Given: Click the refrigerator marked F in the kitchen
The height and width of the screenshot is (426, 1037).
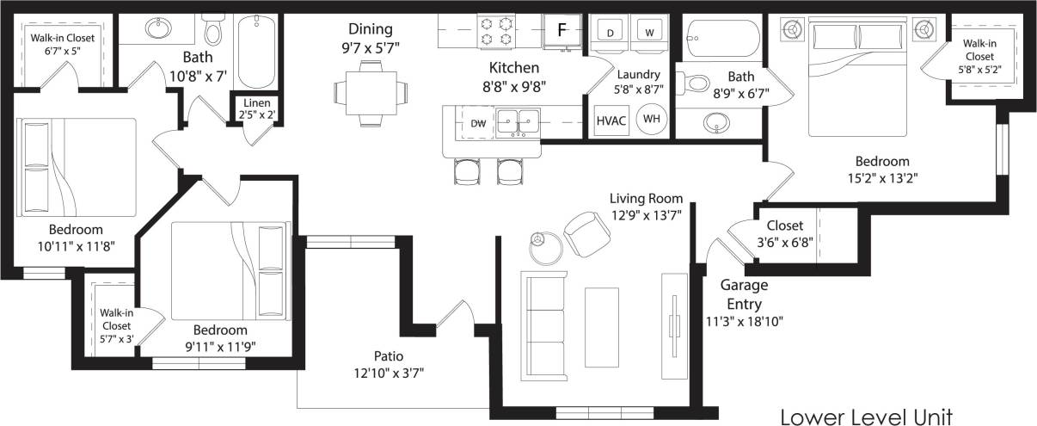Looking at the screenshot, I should click(561, 30).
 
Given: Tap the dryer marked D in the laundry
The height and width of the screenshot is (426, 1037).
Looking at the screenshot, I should click(611, 33).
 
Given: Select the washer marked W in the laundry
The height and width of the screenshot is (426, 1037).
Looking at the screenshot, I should click(649, 33).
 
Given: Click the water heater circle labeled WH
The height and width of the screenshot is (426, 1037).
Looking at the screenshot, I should click(652, 120).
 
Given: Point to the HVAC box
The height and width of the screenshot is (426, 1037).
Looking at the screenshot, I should click(611, 120).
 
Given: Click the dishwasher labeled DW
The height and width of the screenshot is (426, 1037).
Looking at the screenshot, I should click(478, 124).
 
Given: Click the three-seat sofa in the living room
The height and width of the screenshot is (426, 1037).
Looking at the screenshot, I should click(545, 324).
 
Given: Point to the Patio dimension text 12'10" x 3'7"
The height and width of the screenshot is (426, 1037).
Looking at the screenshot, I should click(389, 373).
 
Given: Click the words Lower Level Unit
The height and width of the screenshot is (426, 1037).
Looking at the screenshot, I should click(866, 417).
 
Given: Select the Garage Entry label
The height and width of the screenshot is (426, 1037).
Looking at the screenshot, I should click(744, 293).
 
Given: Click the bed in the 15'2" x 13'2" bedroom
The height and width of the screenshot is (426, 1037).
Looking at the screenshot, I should click(860, 77).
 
